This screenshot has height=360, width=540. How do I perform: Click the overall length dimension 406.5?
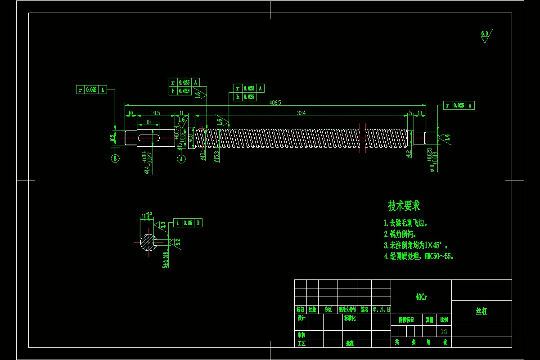coord(275,103)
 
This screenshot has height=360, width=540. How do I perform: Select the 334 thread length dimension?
coord(301,113)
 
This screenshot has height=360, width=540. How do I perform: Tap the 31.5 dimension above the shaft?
coord(156,113)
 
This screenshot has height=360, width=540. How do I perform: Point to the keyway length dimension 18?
coord(148,122)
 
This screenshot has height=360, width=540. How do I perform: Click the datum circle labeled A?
coord(181,159)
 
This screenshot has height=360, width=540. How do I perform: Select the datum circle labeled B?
coord(115,159)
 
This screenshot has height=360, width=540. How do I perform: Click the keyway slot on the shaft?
coord(148,138)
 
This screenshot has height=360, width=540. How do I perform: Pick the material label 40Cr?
coord(421,297)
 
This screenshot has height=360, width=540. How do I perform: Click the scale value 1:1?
coord(444,331)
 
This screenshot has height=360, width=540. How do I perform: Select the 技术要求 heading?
coord(404,206)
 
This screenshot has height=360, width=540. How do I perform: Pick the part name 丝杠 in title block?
coord(481,311)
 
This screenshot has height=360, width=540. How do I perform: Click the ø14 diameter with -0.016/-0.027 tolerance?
coord(147,162)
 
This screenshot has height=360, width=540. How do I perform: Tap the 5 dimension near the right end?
coord(410,113)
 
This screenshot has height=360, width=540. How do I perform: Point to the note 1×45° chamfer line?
coord(416,245)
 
